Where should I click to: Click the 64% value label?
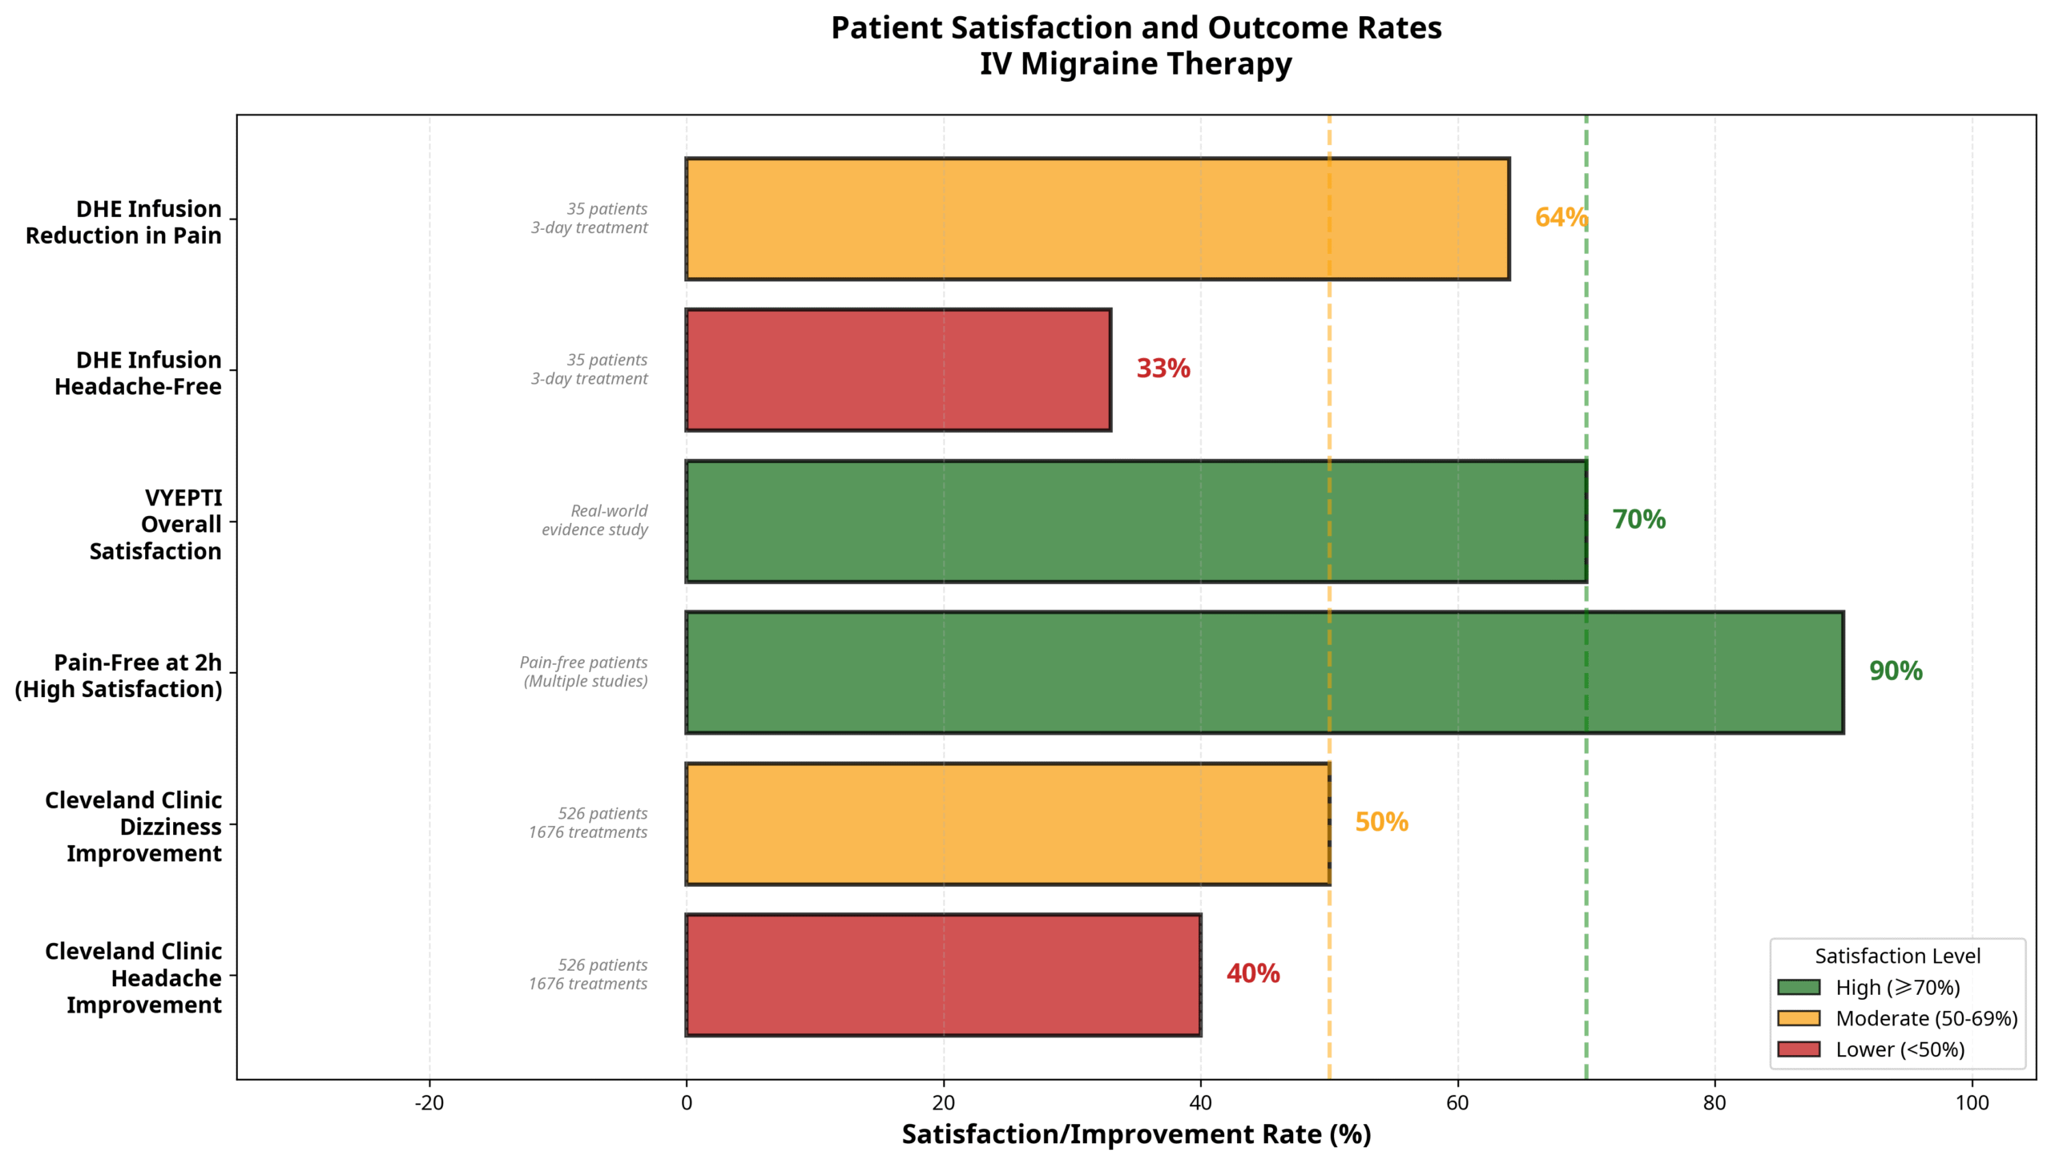[x=1561, y=217]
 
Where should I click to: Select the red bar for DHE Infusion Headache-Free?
[x=897, y=369]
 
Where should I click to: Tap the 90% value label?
[x=1895, y=671]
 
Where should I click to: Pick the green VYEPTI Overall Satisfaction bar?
[x=1135, y=521]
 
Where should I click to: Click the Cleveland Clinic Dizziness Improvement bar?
[x=1007, y=823]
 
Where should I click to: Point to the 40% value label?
[x=1252, y=973]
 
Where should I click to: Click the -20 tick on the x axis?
[x=429, y=1103]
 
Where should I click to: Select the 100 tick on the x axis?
[x=1971, y=1103]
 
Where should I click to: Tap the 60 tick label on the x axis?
[x=1457, y=1103]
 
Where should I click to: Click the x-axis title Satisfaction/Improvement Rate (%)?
[x=1135, y=1134]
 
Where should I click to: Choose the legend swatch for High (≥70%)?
[x=1798, y=987]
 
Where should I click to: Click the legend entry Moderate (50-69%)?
[x=1926, y=1018]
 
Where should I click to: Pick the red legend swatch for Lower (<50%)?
[x=1798, y=1049]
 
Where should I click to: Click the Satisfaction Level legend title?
[x=1897, y=956]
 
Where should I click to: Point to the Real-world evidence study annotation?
[x=594, y=520]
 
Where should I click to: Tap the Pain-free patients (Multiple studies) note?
[x=584, y=671]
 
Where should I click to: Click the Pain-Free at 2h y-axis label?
[x=119, y=675]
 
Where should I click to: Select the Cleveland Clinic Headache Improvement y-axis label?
[x=133, y=977]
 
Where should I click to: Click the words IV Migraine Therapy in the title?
[x=1135, y=63]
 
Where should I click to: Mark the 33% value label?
[x=1163, y=369]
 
